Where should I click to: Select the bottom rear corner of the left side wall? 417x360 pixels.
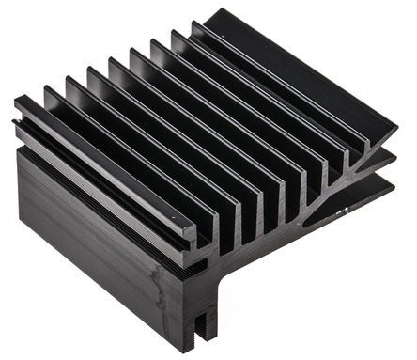point(20,235)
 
